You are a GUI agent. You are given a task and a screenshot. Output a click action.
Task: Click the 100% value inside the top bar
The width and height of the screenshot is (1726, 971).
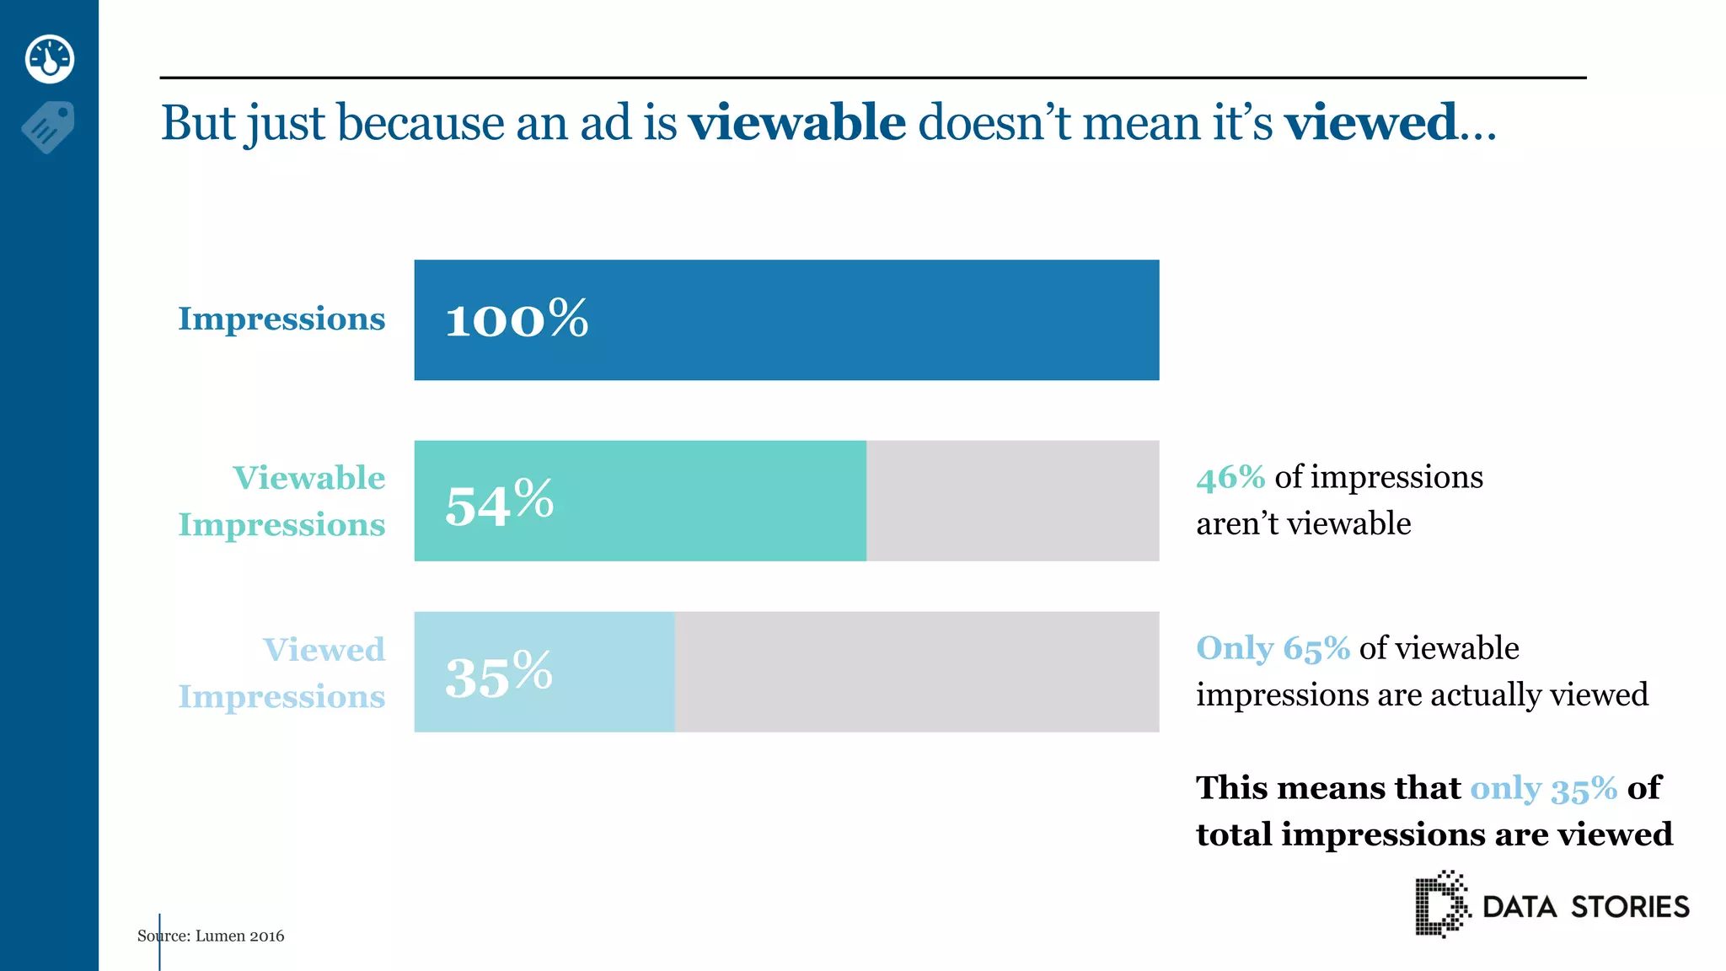[516, 319]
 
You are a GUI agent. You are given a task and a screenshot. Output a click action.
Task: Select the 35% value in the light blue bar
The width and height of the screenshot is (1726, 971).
[498, 674]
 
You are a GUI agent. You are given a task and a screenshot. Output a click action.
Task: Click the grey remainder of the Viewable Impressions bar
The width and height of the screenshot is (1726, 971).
[1012, 501]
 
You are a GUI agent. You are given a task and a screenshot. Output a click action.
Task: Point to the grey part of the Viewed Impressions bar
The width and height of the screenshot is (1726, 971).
[916, 672]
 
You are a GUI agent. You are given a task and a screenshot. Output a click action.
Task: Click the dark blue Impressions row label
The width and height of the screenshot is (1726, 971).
[281, 319]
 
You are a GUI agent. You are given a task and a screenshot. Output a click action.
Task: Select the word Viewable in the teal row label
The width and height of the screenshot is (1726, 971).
[308, 478]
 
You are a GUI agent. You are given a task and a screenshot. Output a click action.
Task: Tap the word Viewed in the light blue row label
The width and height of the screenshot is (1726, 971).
[324, 650]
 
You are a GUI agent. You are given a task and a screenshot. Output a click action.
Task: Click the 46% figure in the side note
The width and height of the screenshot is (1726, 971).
[1230, 478]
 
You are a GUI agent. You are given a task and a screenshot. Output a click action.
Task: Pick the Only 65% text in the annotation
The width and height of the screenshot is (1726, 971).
[1273, 648]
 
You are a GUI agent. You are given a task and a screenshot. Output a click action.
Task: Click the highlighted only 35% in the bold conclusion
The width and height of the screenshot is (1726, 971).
[1543, 789]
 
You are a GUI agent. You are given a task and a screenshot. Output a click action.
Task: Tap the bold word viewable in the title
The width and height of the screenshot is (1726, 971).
[796, 123]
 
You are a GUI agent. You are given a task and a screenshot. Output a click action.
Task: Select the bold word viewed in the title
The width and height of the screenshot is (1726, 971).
[1370, 123]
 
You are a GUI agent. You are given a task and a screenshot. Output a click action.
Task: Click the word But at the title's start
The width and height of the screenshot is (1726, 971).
[198, 123]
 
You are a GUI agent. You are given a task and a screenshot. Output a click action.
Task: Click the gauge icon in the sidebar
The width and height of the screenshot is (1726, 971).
[50, 59]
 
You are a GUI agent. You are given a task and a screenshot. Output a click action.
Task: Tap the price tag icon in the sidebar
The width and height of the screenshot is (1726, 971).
[49, 126]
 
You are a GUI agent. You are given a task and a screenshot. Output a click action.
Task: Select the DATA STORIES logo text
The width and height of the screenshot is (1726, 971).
[1585, 907]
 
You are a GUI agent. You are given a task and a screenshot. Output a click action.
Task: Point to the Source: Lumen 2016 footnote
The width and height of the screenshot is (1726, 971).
[211, 936]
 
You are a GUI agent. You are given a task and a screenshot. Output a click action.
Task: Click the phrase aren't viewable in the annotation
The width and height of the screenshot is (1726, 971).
[1303, 524]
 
